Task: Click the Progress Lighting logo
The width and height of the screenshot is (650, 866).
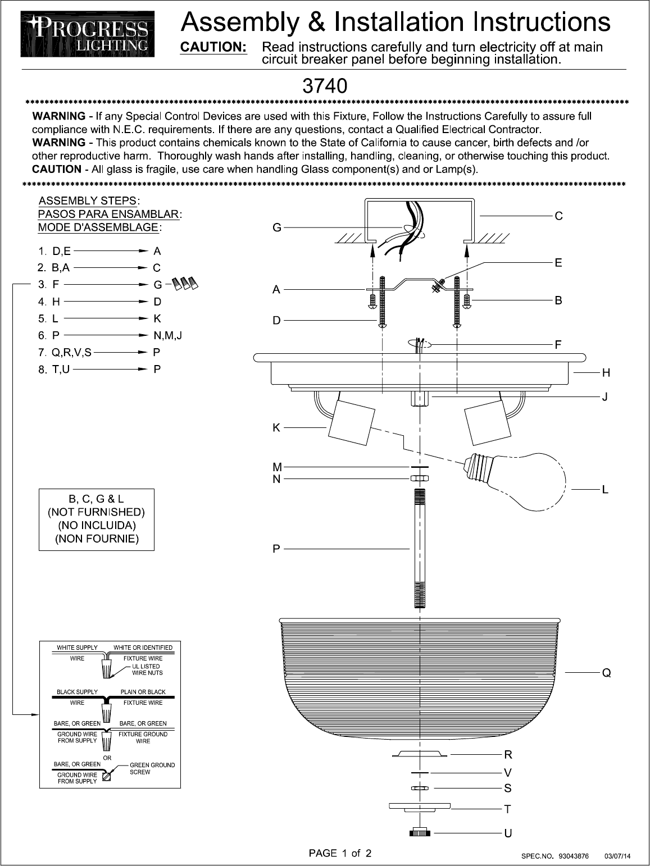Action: coord(88,35)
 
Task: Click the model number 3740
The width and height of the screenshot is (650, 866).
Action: coord(325,86)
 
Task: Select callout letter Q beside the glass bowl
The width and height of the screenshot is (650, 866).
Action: coord(606,672)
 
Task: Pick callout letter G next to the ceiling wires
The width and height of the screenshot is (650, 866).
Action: coord(276,228)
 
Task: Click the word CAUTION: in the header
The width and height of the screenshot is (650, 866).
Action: coord(213,47)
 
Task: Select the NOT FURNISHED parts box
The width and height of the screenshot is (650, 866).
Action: coord(96,519)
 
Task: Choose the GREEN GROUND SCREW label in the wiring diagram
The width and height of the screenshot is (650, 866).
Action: coord(152,768)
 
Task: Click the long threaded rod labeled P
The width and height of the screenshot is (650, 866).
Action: coord(420,548)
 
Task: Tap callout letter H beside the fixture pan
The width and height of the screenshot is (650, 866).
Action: coord(606,372)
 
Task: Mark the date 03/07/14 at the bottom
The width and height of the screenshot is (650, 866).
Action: coord(617,856)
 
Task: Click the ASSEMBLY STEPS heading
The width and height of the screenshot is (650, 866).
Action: coord(87,201)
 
